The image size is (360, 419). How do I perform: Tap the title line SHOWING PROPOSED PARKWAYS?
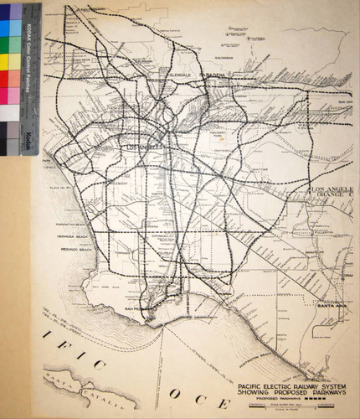283,388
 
